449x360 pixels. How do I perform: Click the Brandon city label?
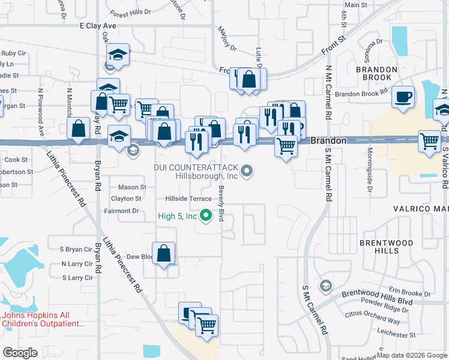328,140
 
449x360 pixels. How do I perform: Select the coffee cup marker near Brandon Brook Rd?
403,97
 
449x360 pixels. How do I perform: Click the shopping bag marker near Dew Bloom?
164,253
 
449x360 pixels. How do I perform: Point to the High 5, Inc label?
178,216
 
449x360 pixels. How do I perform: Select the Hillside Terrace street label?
188,199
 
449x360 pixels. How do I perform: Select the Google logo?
20,353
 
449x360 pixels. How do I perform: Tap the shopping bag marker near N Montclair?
79,128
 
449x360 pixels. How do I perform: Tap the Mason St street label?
132,187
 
